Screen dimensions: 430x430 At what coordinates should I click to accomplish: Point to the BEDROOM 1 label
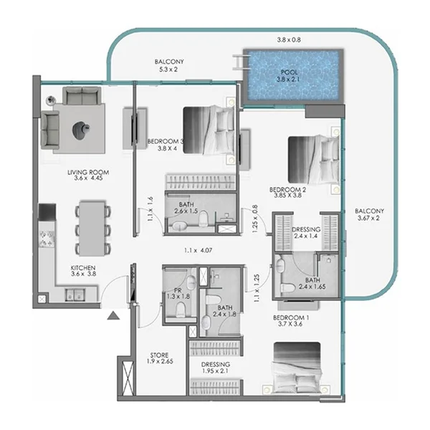[x=292, y=320]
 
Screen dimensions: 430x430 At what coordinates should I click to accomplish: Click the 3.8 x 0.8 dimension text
[x=290, y=40]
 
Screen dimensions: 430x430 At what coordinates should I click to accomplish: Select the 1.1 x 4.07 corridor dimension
[x=199, y=251]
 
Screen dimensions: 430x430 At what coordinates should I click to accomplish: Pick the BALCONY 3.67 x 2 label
[x=370, y=216]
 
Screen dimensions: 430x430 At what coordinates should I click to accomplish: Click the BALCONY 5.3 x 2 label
[x=169, y=67]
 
